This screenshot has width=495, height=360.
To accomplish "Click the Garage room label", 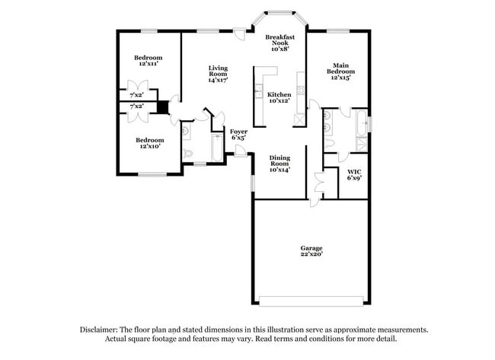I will click(311, 248).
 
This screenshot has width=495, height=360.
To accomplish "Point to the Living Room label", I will click(219, 72).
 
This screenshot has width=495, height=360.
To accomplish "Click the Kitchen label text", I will click(279, 94).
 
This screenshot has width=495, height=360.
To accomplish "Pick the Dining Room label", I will click(280, 161).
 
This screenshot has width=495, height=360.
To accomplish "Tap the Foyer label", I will click(238, 132).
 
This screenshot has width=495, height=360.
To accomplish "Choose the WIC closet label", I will click(354, 172).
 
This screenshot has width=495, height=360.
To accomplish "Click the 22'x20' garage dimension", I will click(311, 255).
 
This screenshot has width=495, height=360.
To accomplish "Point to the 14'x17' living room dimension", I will click(219, 79).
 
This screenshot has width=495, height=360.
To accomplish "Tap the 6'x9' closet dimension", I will click(354, 178).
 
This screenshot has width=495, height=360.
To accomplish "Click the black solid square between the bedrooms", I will click(161, 107).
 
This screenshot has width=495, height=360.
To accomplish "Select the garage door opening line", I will click(311, 297).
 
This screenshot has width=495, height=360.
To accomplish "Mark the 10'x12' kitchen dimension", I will click(279, 101).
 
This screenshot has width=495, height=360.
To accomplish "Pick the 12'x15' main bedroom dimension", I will click(342, 79).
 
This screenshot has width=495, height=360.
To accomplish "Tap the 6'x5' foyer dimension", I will click(238, 139).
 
